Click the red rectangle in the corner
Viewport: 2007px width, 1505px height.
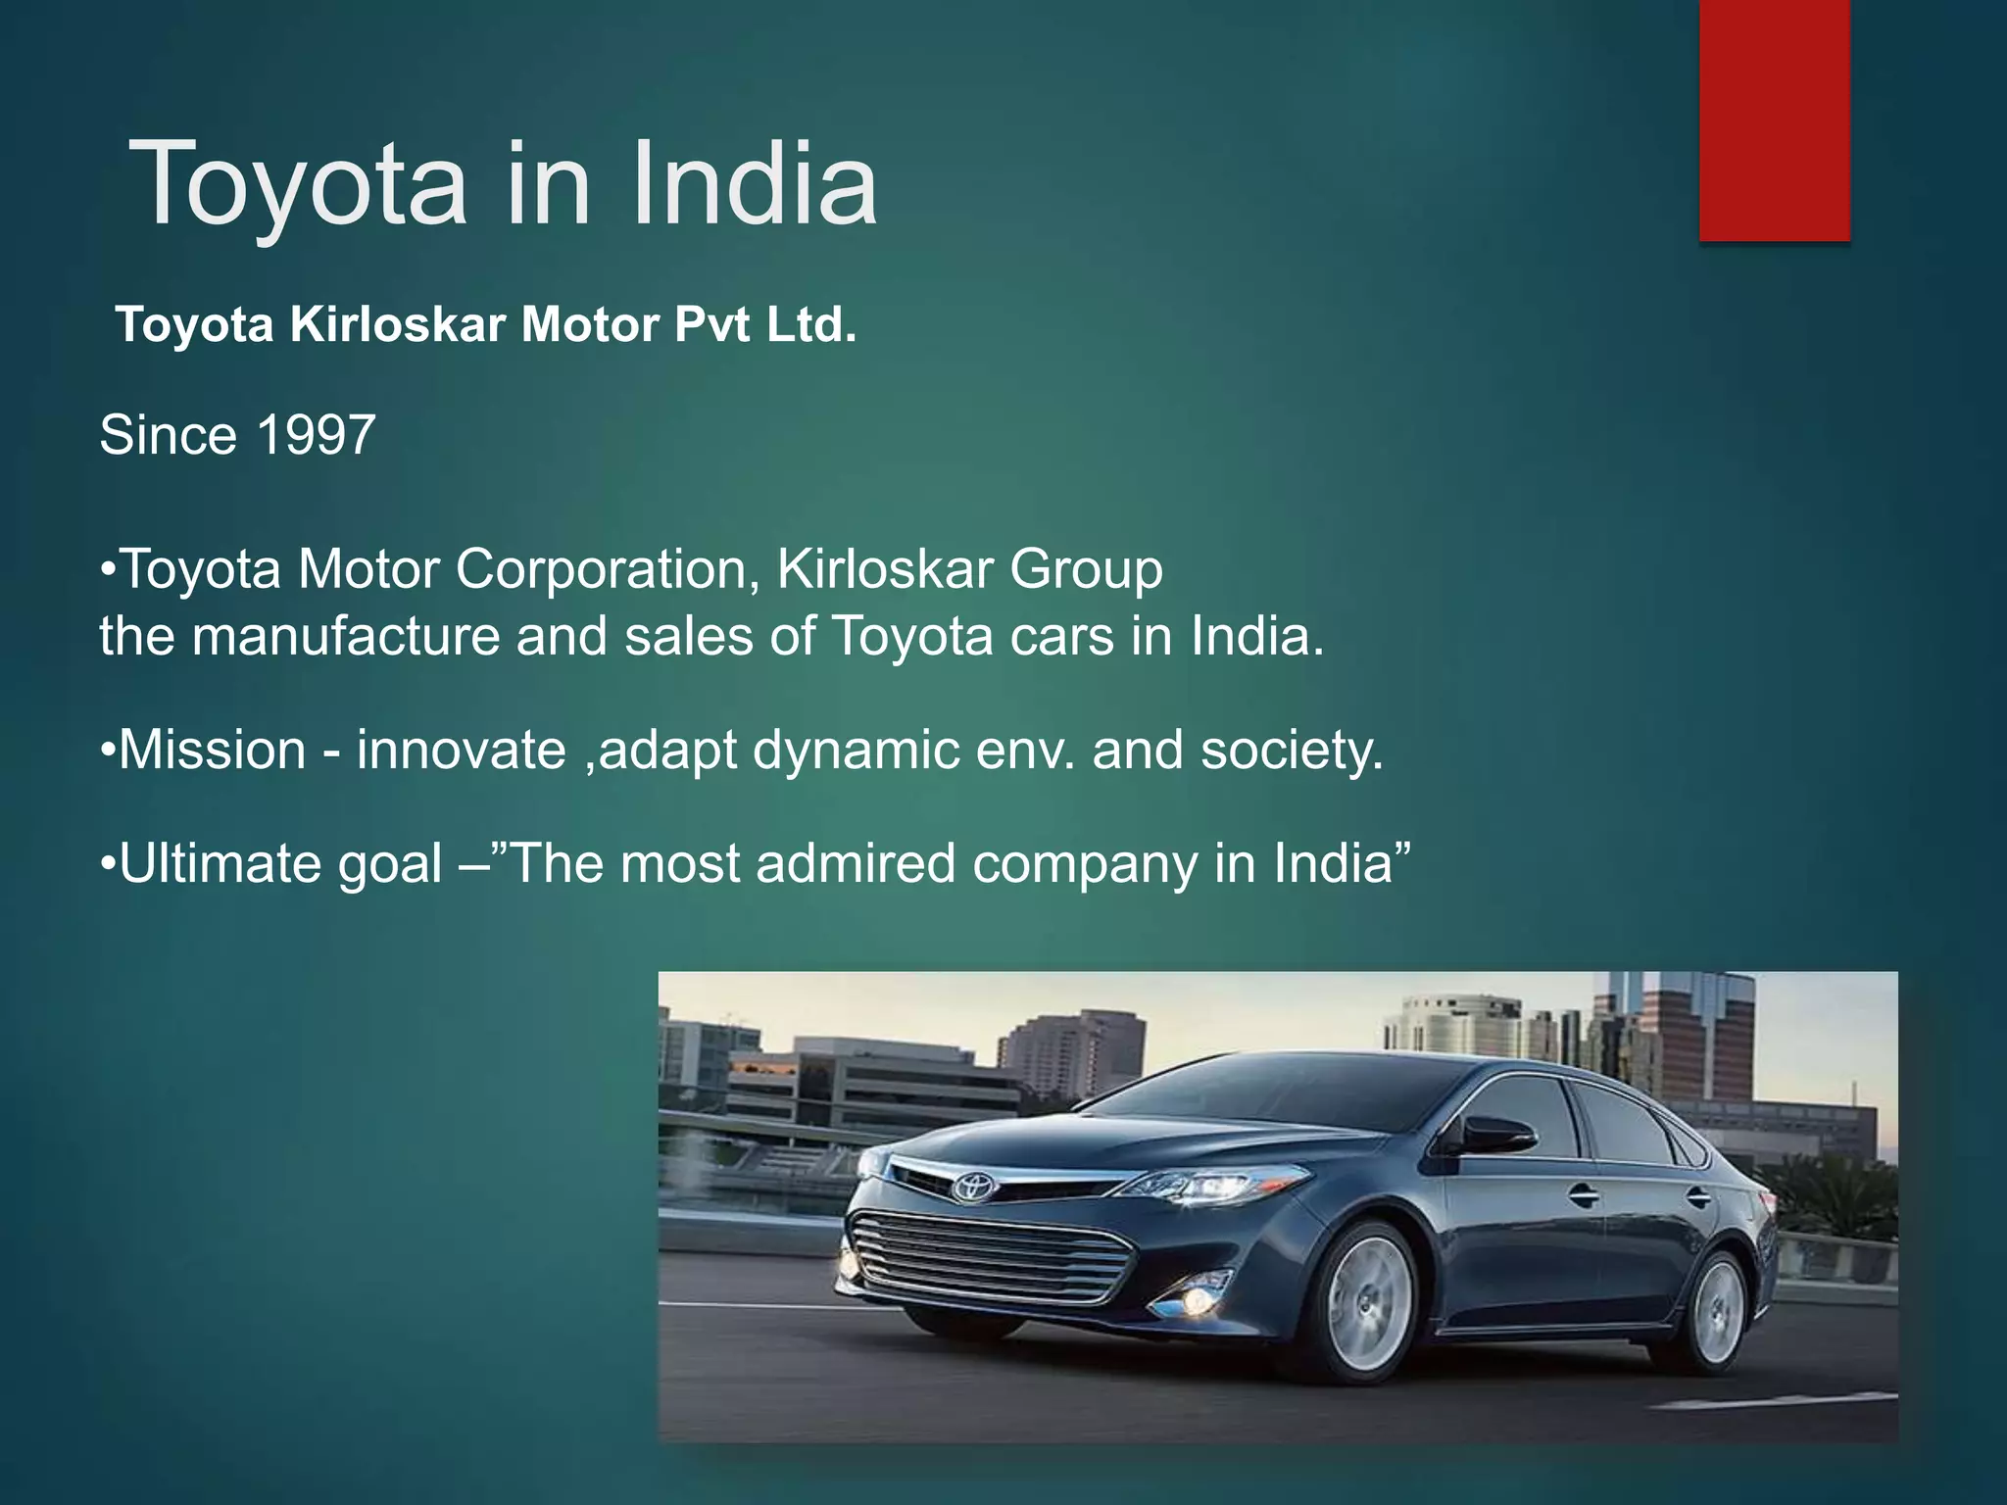click(x=1774, y=120)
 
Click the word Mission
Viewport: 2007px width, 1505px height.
click(x=212, y=751)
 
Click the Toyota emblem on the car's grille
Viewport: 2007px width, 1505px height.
click(x=974, y=1187)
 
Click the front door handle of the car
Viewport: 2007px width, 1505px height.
click(x=1580, y=1194)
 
